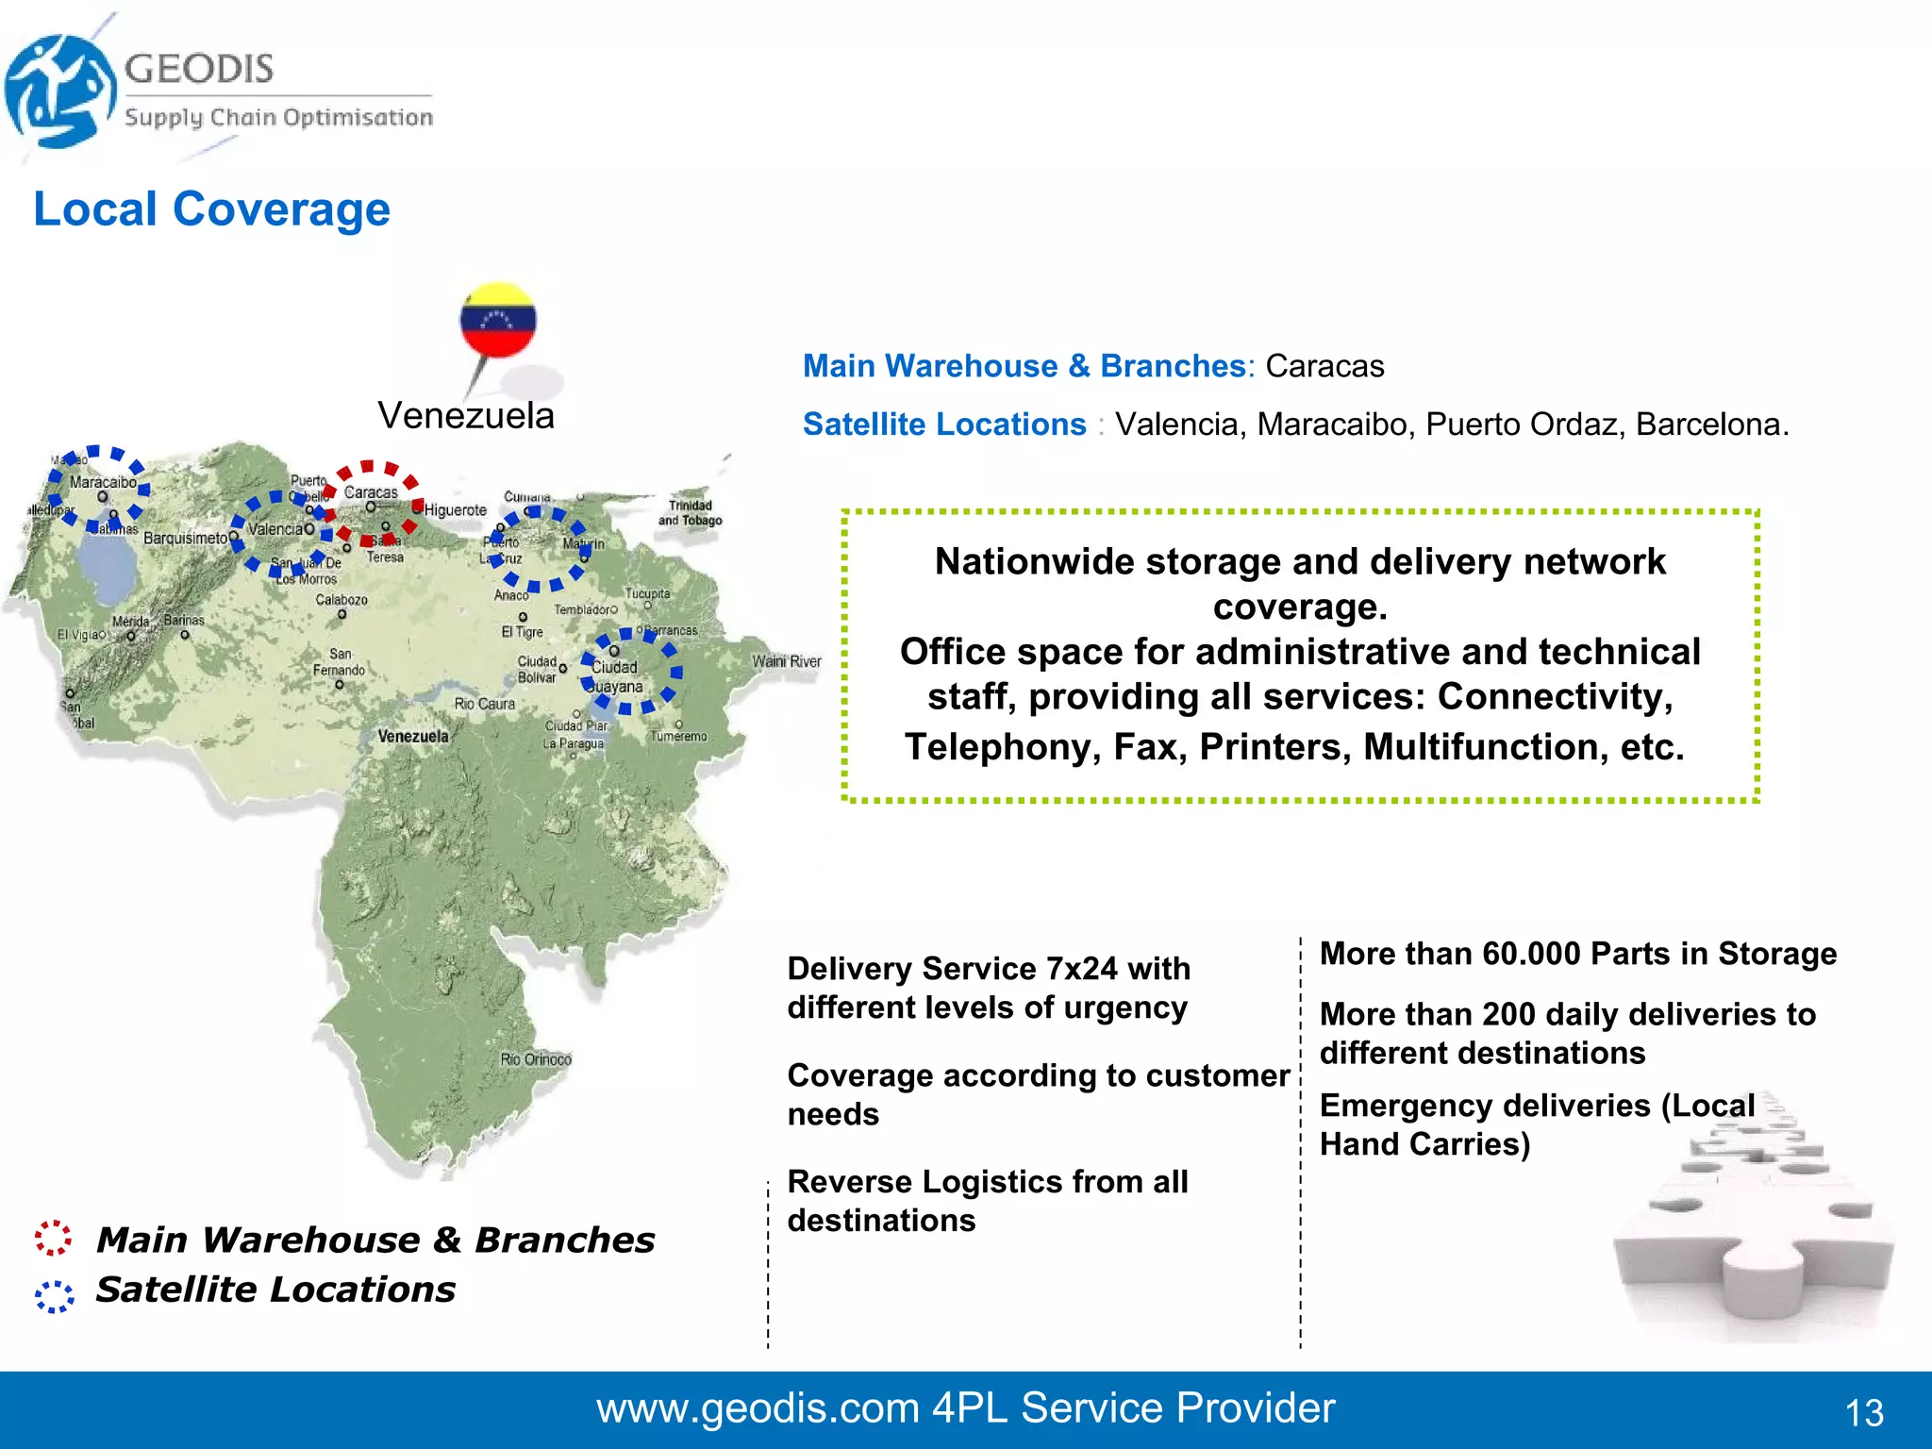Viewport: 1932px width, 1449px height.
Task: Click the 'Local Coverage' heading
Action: tap(211, 209)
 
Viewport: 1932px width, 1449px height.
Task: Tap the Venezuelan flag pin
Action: tap(497, 320)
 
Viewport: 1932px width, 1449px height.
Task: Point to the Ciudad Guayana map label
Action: tap(616, 676)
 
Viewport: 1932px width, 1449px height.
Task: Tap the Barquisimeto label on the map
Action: tap(185, 538)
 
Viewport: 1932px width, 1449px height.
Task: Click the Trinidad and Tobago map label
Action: tap(690, 513)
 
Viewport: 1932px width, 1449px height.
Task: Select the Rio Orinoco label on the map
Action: tap(536, 1059)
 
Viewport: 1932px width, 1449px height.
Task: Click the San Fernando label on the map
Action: tap(340, 662)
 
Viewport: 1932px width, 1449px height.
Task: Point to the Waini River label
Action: tap(787, 661)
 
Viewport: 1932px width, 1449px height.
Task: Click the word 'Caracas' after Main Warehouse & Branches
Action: tap(1324, 366)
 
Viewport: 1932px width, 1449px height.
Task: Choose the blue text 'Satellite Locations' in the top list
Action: tap(944, 425)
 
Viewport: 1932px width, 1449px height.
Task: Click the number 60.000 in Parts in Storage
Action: tap(1540, 954)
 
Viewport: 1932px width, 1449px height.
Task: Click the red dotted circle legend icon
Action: tap(53, 1238)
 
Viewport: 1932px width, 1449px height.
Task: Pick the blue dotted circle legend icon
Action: tap(54, 1296)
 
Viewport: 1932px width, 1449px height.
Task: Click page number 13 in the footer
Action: tap(1864, 1413)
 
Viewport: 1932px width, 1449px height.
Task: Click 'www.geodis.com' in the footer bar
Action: tap(758, 1408)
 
